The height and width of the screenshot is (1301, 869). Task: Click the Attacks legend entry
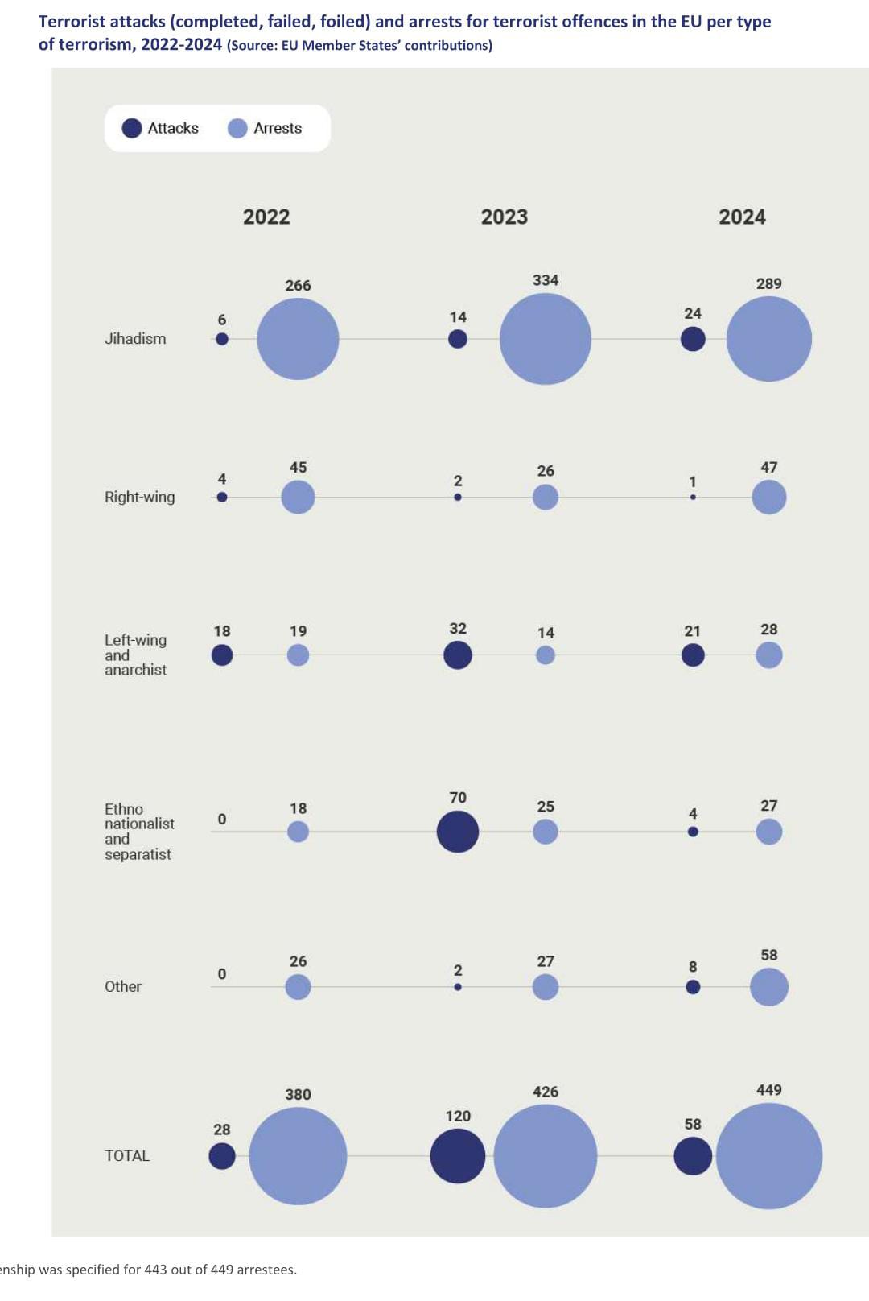pyautogui.click(x=161, y=128)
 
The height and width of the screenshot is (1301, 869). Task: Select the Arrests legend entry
pyautogui.click(x=266, y=128)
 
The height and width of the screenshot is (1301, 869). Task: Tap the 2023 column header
pyautogui.click(x=505, y=217)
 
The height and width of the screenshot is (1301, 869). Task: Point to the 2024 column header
pyautogui.click(x=742, y=217)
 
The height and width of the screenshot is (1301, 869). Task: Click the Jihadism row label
pyautogui.click(x=135, y=339)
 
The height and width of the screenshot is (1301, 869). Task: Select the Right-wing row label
pyautogui.click(x=139, y=497)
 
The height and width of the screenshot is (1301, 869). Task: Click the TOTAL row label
pyautogui.click(x=127, y=1155)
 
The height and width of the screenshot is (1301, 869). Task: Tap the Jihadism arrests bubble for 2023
pyautogui.click(x=546, y=339)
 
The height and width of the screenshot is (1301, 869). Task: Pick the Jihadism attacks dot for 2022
pyautogui.click(x=222, y=339)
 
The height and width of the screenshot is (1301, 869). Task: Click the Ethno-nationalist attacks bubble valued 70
pyautogui.click(x=458, y=832)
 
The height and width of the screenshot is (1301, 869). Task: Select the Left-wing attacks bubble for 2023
pyautogui.click(x=458, y=655)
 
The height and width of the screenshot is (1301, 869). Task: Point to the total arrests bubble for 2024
pyautogui.click(x=769, y=1155)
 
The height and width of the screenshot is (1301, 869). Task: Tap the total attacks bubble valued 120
pyautogui.click(x=458, y=1155)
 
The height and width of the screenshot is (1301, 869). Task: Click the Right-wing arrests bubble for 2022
pyautogui.click(x=298, y=497)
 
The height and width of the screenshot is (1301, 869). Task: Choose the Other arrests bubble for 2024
pyautogui.click(x=769, y=987)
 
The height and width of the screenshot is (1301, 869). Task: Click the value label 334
pyautogui.click(x=546, y=280)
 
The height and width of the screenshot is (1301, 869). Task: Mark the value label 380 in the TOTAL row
pyautogui.click(x=298, y=1094)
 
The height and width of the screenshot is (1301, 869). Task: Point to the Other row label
pyautogui.click(x=123, y=986)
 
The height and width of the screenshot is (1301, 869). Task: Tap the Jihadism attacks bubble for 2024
pyautogui.click(x=693, y=339)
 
